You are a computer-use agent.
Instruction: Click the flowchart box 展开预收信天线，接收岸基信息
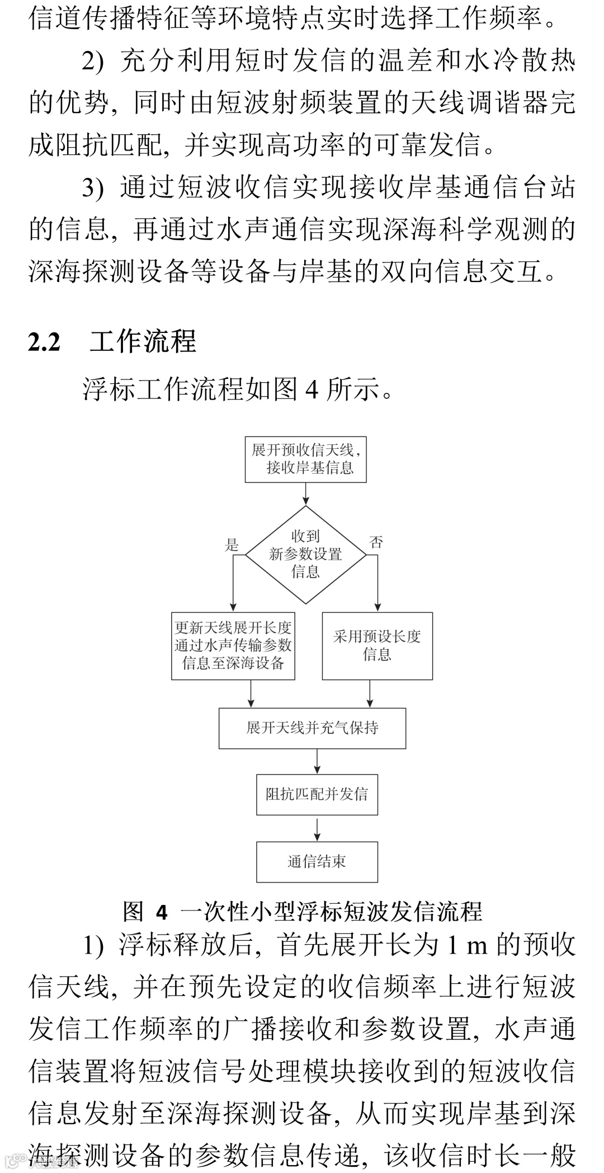[x=305, y=459]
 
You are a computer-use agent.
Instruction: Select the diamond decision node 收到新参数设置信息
[x=305, y=554]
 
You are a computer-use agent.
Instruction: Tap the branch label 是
[x=232, y=545]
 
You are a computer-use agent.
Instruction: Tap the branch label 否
[x=376, y=542]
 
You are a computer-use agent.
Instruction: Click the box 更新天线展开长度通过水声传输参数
[x=233, y=645]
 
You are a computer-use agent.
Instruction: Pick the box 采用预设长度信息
[x=377, y=645]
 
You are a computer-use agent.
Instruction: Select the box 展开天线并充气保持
[x=312, y=728]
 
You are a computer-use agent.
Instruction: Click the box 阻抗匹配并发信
[x=317, y=794]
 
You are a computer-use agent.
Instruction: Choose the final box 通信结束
[x=317, y=861]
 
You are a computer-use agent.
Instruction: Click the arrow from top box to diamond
[x=305, y=494]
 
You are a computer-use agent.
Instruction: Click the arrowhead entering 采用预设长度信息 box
[x=377, y=607]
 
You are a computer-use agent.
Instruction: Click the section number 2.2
[x=44, y=342]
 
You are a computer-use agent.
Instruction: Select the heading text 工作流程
[x=143, y=341]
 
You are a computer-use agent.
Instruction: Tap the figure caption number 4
[x=162, y=913]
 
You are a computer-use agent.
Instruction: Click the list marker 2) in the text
[x=93, y=62]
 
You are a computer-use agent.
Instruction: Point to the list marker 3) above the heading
[x=93, y=188]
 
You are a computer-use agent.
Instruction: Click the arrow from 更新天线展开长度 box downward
[x=251, y=694]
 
